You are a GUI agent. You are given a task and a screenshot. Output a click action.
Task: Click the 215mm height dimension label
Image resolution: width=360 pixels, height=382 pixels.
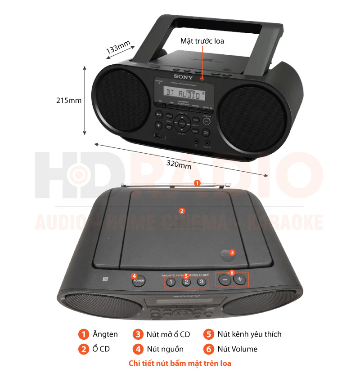point(69,100)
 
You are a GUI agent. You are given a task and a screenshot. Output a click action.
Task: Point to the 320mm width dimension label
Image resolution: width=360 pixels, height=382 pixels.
point(179,164)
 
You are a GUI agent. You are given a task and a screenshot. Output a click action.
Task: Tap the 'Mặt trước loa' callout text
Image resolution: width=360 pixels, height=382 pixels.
point(202,41)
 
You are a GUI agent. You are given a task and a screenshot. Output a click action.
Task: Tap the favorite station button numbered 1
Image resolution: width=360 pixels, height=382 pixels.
point(171,282)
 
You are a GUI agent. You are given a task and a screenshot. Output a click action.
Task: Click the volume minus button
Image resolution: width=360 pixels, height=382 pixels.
point(225,280)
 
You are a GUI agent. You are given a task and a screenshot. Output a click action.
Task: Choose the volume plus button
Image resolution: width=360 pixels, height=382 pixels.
point(240,280)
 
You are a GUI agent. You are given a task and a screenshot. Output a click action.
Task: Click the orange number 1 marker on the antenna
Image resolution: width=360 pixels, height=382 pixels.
point(197,183)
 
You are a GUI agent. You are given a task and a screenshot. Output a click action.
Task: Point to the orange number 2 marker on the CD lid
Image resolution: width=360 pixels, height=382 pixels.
point(182,210)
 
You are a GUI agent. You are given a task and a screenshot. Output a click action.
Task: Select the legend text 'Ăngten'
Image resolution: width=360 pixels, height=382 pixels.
point(105,334)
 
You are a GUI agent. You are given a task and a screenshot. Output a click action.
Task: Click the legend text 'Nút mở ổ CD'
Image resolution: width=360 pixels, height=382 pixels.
point(168,334)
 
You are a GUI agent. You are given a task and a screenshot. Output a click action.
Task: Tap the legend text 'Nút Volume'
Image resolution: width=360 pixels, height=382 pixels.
point(237,349)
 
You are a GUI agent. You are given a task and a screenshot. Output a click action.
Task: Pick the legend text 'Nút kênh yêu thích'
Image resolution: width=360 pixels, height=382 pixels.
point(249,334)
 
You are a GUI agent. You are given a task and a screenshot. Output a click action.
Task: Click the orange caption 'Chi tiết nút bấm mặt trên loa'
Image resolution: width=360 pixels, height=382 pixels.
point(180,363)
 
